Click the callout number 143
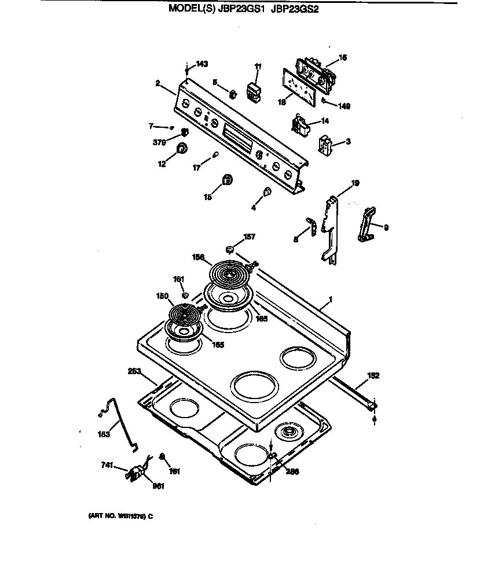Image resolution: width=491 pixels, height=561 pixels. [201, 64]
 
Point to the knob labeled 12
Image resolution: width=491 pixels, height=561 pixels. [182, 149]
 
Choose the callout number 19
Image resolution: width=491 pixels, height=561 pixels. [355, 183]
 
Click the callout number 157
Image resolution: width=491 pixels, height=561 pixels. [249, 237]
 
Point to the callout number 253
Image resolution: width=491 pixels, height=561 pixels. [134, 372]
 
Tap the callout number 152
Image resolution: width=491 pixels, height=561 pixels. [373, 375]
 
